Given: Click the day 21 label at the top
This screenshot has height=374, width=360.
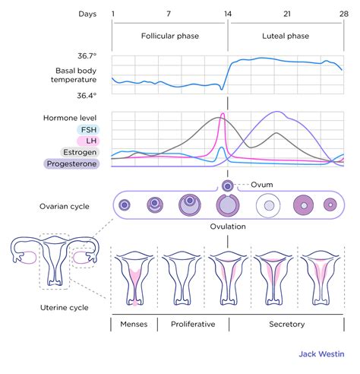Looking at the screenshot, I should coord(286,14).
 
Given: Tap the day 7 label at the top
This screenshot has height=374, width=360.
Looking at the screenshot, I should coord(169,14).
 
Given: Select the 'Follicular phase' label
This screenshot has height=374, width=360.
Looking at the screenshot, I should coord(169,36).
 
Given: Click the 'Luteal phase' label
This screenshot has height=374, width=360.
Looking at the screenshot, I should coord(286,36).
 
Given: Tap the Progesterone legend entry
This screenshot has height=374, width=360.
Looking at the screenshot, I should coord(71,163).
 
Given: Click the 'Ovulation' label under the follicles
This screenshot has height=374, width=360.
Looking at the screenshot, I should coord(226,227).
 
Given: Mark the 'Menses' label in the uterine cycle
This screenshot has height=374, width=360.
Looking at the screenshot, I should coord(134,325).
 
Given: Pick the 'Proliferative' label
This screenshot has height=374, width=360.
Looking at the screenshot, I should coord(192,325).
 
